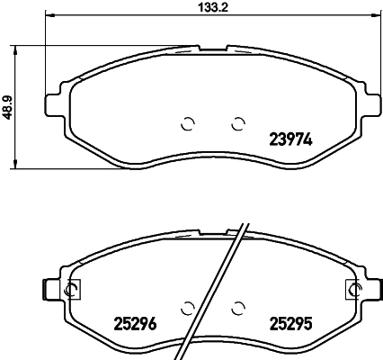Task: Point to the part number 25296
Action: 136,324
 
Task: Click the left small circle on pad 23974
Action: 188,124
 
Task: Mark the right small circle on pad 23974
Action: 237,124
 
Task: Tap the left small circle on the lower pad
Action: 188,307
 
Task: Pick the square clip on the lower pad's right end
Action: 352,289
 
